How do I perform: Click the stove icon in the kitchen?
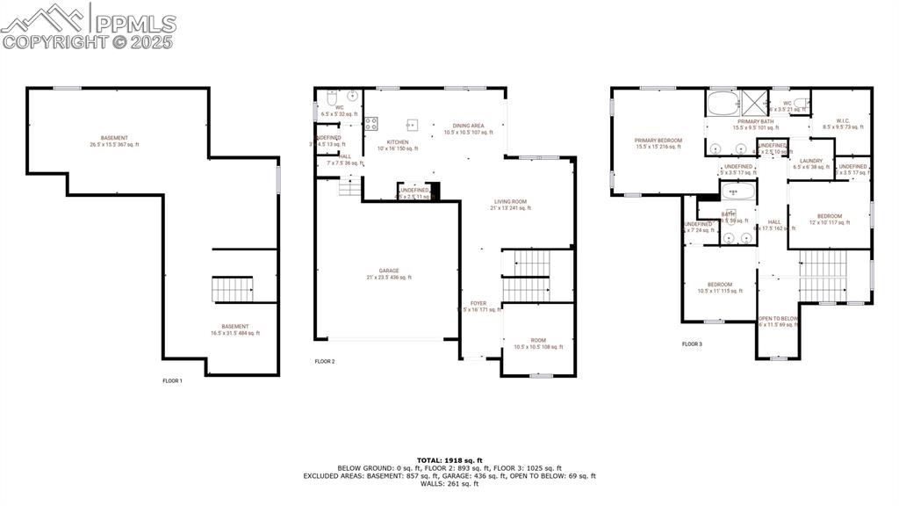(x=371, y=125)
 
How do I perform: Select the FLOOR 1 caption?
(x=173, y=380)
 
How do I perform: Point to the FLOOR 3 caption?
(x=692, y=344)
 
